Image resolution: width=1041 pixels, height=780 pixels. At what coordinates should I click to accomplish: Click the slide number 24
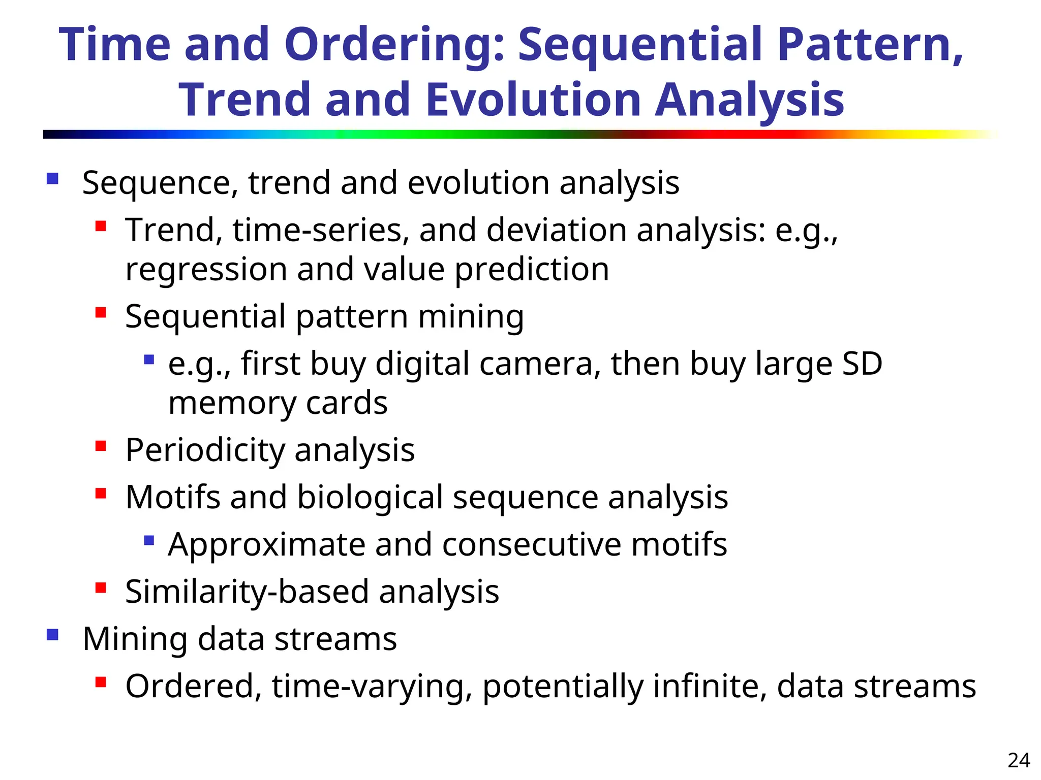(1019, 760)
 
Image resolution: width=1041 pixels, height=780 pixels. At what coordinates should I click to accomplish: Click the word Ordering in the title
(394, 46)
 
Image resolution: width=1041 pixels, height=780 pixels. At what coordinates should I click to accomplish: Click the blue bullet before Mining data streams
(52, 635)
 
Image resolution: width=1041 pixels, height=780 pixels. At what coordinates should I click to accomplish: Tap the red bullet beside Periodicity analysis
(101, 446)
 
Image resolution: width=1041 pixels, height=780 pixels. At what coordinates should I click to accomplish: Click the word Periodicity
(205, 450)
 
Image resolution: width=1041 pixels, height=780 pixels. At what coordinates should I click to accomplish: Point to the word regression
(206, 270)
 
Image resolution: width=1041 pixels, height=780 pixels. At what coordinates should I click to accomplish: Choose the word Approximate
(266, 545)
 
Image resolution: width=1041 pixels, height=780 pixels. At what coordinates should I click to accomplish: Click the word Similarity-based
(247, 592)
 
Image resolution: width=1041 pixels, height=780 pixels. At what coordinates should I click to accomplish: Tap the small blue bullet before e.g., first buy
(149, 360)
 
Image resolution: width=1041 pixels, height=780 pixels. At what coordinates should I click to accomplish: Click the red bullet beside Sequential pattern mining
(101, 312)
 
